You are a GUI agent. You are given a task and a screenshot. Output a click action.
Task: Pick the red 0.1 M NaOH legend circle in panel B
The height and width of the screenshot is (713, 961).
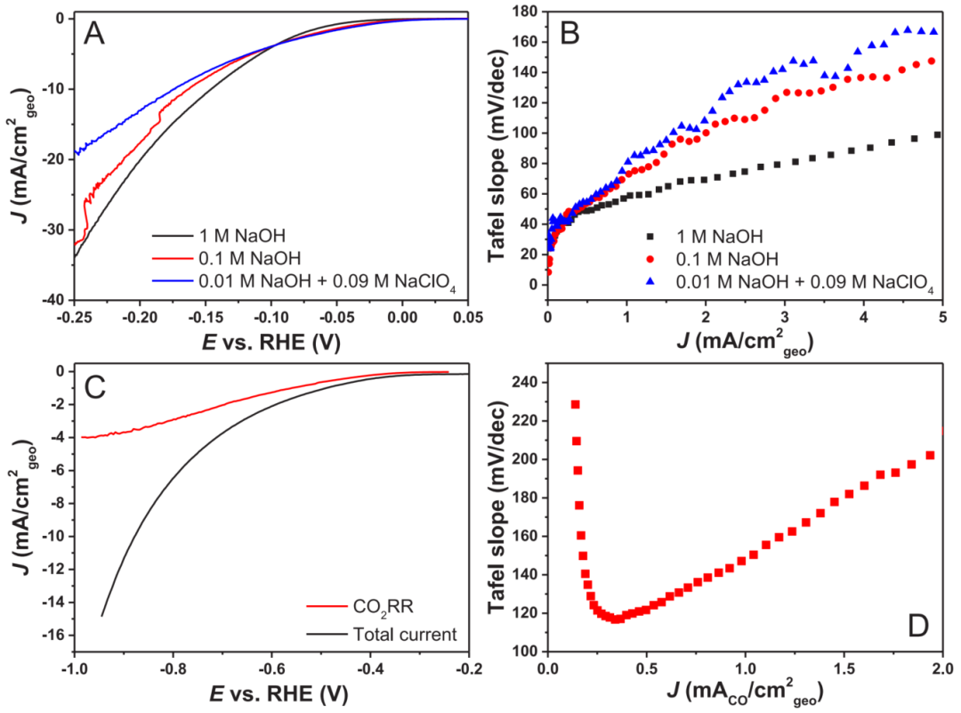pos(650,259)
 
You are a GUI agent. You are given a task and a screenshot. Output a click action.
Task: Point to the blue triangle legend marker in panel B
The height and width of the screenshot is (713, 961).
pos(650,284)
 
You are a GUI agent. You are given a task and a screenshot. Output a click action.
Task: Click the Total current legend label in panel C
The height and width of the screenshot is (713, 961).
pos(392,635)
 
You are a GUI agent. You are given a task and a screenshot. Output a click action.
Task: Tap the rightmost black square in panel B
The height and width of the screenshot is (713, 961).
pos(937,134)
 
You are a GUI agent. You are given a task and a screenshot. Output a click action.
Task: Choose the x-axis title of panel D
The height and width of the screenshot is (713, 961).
pos(744,690)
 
